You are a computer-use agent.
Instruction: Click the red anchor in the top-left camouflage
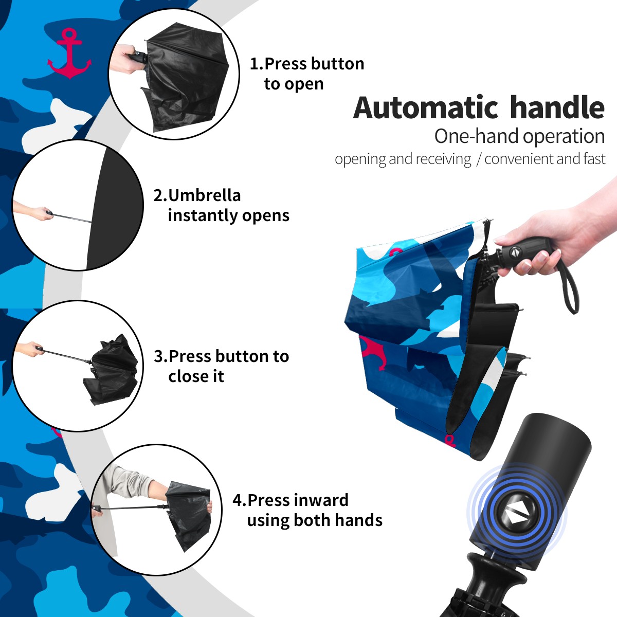tap(69, 55)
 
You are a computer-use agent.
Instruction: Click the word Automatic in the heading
tap(426, 107)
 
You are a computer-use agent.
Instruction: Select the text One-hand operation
tap(519, 137)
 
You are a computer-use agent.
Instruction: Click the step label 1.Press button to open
tap(307, 74)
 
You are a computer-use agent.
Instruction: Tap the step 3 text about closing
tap(221, 366)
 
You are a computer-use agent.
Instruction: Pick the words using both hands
tap(315, 520)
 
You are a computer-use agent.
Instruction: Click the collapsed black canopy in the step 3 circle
tap(111, 370)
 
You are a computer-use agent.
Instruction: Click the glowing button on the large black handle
tap(517, 515)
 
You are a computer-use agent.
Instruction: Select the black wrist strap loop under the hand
tap(568, 285)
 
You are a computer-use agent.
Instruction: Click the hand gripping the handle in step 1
tap(125, 59)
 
